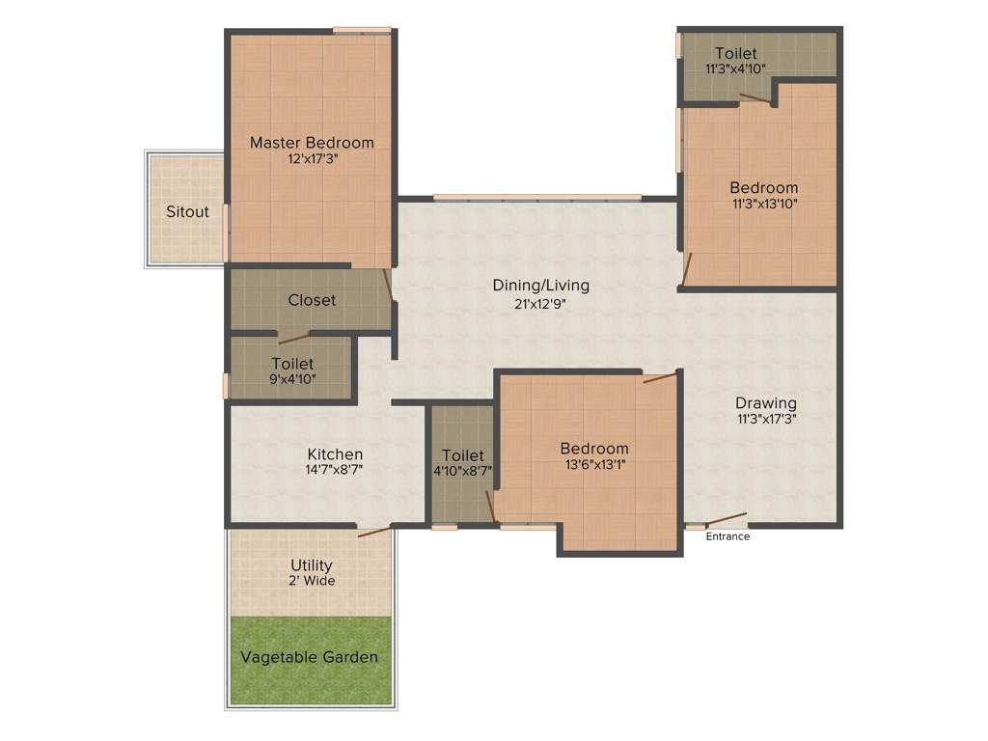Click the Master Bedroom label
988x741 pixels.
[x=312, y=143]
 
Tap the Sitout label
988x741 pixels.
[x=187, y=211]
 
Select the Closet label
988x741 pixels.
[x=312, y=300]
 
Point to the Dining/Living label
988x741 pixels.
[x=540, y=286]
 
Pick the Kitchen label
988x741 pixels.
[x=335, y=453]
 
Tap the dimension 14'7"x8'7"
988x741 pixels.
[x=334, y=470]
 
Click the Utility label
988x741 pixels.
[x=312, y=564]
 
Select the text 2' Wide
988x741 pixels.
[x=312, y=581]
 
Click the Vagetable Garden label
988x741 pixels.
[x=309, y=657]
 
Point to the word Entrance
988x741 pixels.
[x=727, y=536]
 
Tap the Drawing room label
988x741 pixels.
[x=766, y=402]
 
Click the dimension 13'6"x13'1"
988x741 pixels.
[x=594, y=464]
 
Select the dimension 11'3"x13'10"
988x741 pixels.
[x=763, y=204]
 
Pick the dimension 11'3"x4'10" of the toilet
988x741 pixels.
[x=736, y=69]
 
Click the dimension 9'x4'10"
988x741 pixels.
[x=292, y=379]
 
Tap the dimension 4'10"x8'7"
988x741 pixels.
[x=463, y=471]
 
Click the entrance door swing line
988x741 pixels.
[x=727, y=519]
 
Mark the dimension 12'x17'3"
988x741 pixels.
[x=312, y=159]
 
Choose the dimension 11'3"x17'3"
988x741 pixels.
[x=766, y=419]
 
